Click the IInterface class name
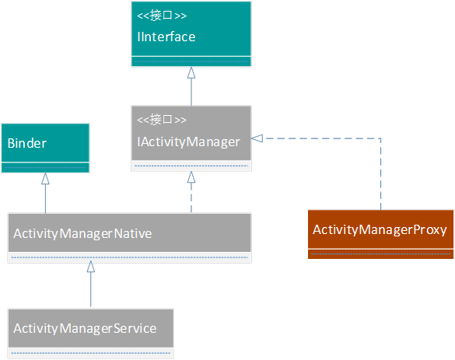pos(166,37)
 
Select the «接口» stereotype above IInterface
pos(162,16)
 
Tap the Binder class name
pos(27,143)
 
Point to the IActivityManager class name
pos(189,142)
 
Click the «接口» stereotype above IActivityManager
pos(162,120)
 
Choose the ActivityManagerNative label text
pos(82,233)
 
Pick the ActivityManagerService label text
pos(85,328)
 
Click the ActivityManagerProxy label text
pos(380,229)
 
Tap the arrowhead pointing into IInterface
pos(191,73)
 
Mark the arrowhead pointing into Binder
pos(45,179)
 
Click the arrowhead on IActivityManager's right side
pos(257,138)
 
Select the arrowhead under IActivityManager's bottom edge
pos(191,177)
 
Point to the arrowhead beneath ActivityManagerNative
pos(91,266)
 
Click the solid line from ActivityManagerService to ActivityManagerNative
pos(91,289)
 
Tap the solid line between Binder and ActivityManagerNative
pos(45,199)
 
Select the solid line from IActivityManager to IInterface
pos(191,92)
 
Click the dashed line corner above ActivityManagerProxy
pos(380,138)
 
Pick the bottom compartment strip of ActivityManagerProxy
pos(380,253)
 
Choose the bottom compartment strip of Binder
pos(46,168)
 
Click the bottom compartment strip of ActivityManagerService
pos(91,353)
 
